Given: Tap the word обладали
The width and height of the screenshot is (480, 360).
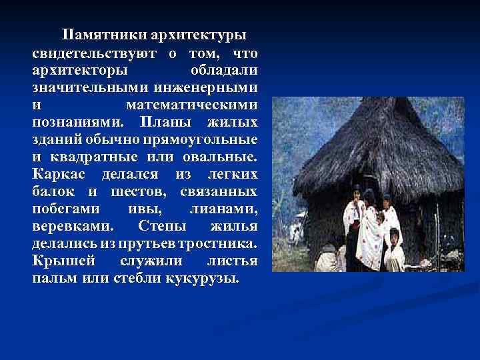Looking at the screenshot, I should click(x=225, y=69).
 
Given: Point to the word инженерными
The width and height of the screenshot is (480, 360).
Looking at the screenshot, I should click(x=207, y=87).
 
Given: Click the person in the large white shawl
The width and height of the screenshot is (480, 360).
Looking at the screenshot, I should click(x=368, y=230).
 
